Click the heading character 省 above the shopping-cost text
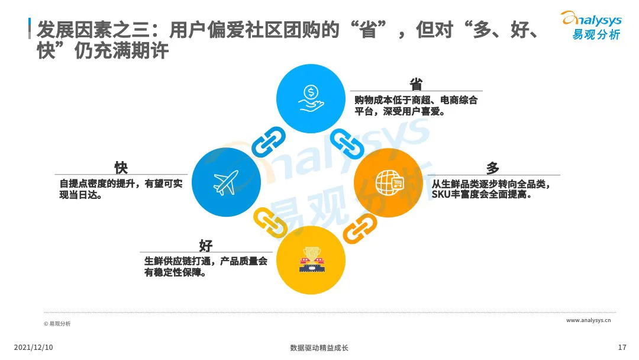pyautogui.click(x=416, y=84)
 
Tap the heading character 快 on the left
pyautogui.click(x=121, y=168)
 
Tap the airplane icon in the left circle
pyautogui.click(x=226, y=182)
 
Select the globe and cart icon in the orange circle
pyautogui.click(x=388, y=182)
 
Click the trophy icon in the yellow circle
pyautogui.click(x=311, y=260)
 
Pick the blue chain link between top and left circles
pyautogui.click(x=269, y=142)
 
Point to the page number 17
pyautogui.click(x=621, y=348)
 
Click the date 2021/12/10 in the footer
pyautogui.click(x=33, y=348)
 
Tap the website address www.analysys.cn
pyautogui.click(x=588, y=320)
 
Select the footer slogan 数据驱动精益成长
pyautogui.click(x=319, y=348)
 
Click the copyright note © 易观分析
pyautogui.click(x=57, y=324)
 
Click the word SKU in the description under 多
pyautogui.click(x=441, y=194)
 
